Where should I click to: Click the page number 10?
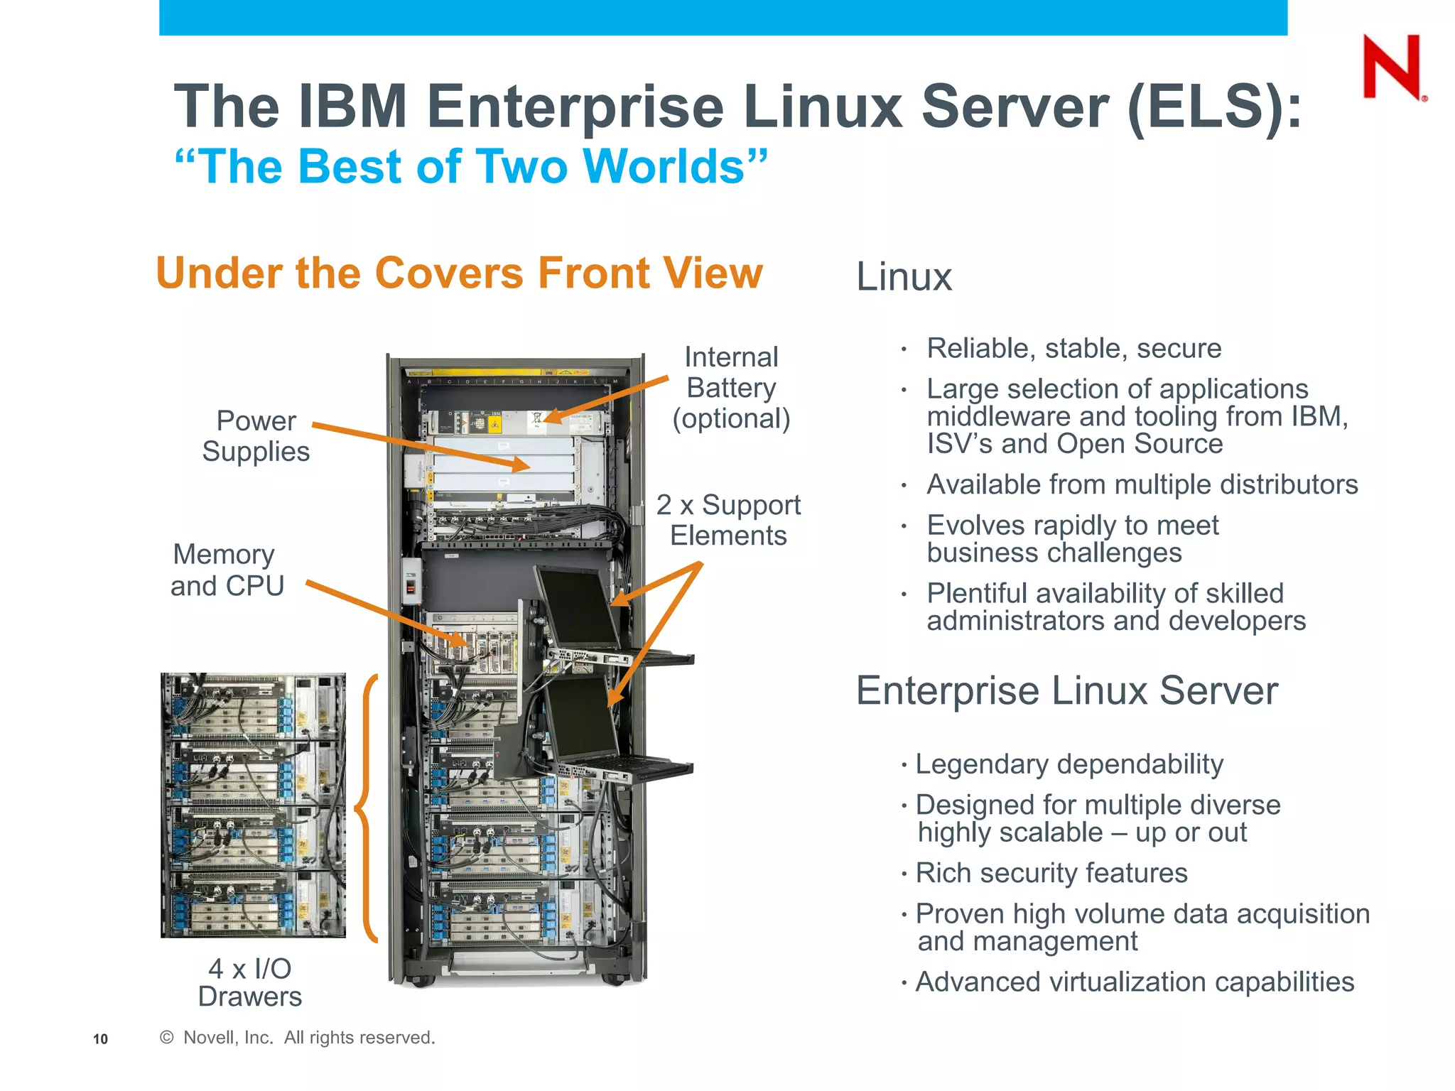point(100,1039)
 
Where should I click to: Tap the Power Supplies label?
point(256,436)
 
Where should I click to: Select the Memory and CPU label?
point(226,570)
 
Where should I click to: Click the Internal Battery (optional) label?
point(731,388)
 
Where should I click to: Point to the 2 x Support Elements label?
point(728,520)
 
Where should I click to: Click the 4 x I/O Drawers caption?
point(250,982)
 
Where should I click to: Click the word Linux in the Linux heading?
point(904,277)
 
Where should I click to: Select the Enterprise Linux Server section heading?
point(1066,690)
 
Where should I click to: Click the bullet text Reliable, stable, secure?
point(1073,349)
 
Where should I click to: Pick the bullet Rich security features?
point(1051,873)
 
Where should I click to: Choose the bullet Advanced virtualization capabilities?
point(1134,982)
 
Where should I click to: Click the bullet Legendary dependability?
point(1069,764)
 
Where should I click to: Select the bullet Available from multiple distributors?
point(1142,485)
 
